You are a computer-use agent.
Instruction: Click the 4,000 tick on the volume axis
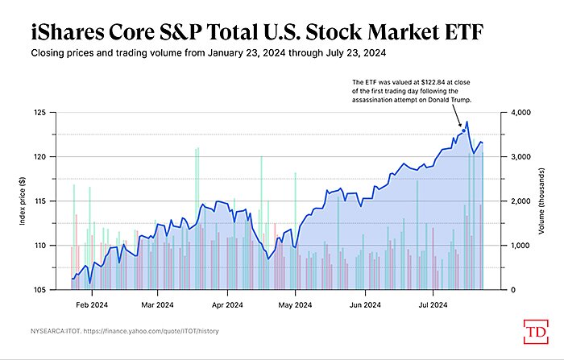522,113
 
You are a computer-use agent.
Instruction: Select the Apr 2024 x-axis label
228,305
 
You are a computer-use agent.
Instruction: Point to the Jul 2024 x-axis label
433,305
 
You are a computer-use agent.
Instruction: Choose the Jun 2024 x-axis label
366,305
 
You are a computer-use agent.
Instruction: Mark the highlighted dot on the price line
463,130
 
